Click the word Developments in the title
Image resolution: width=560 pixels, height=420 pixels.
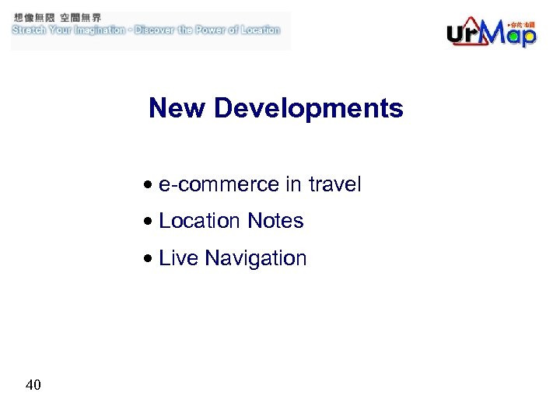click(x=309, y=109)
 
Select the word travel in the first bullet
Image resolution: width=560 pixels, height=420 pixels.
click(x=335, y=184)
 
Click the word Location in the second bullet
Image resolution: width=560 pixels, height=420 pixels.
click(x=200, y=221)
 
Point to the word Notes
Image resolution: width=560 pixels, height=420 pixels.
click(x=275, y=221)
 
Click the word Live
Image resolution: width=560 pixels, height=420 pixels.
click(x=178, y=258)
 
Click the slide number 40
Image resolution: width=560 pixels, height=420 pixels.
click(x=33, y=384)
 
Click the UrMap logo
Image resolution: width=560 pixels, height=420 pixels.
click(x=491, y=32)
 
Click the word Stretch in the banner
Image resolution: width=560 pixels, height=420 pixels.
click(x=30, y=30)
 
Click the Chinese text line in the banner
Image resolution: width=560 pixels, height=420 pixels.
click(x=56, y=17)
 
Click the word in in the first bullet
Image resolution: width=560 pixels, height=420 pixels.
click(x=293, y=184)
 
